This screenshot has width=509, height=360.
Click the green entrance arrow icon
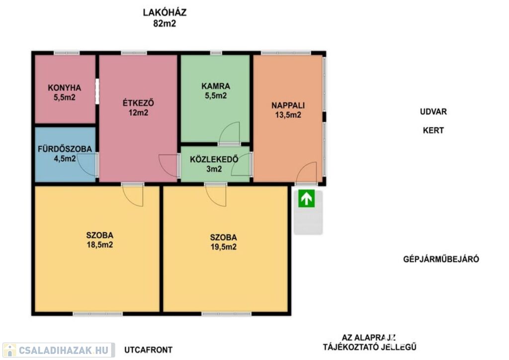click(306, 198)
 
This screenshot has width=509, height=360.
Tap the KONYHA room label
click(64, 88)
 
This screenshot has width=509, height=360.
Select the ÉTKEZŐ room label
click(138, 103)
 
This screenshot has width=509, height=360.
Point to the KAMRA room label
click(216, 86)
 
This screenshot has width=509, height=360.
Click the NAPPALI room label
click(288, 105)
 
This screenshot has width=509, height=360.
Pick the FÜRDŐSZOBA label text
click(65, 149)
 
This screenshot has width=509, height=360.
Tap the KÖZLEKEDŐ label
click(214, 159)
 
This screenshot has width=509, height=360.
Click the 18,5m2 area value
click(99, 245)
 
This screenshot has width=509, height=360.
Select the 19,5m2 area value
click(223, 247)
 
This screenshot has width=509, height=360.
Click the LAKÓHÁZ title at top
click(165, 12)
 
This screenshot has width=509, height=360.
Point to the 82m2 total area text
click(165, 23)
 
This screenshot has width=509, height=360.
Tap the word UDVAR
click(433, 112)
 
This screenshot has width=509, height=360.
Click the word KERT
click(433, 130)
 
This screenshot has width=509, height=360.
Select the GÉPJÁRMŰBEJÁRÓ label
click(441, 259)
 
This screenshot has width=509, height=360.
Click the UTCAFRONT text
click(148, 350)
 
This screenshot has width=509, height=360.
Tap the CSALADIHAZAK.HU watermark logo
click(59, 350)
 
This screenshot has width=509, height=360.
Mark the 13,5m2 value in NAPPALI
click(288, 115)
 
